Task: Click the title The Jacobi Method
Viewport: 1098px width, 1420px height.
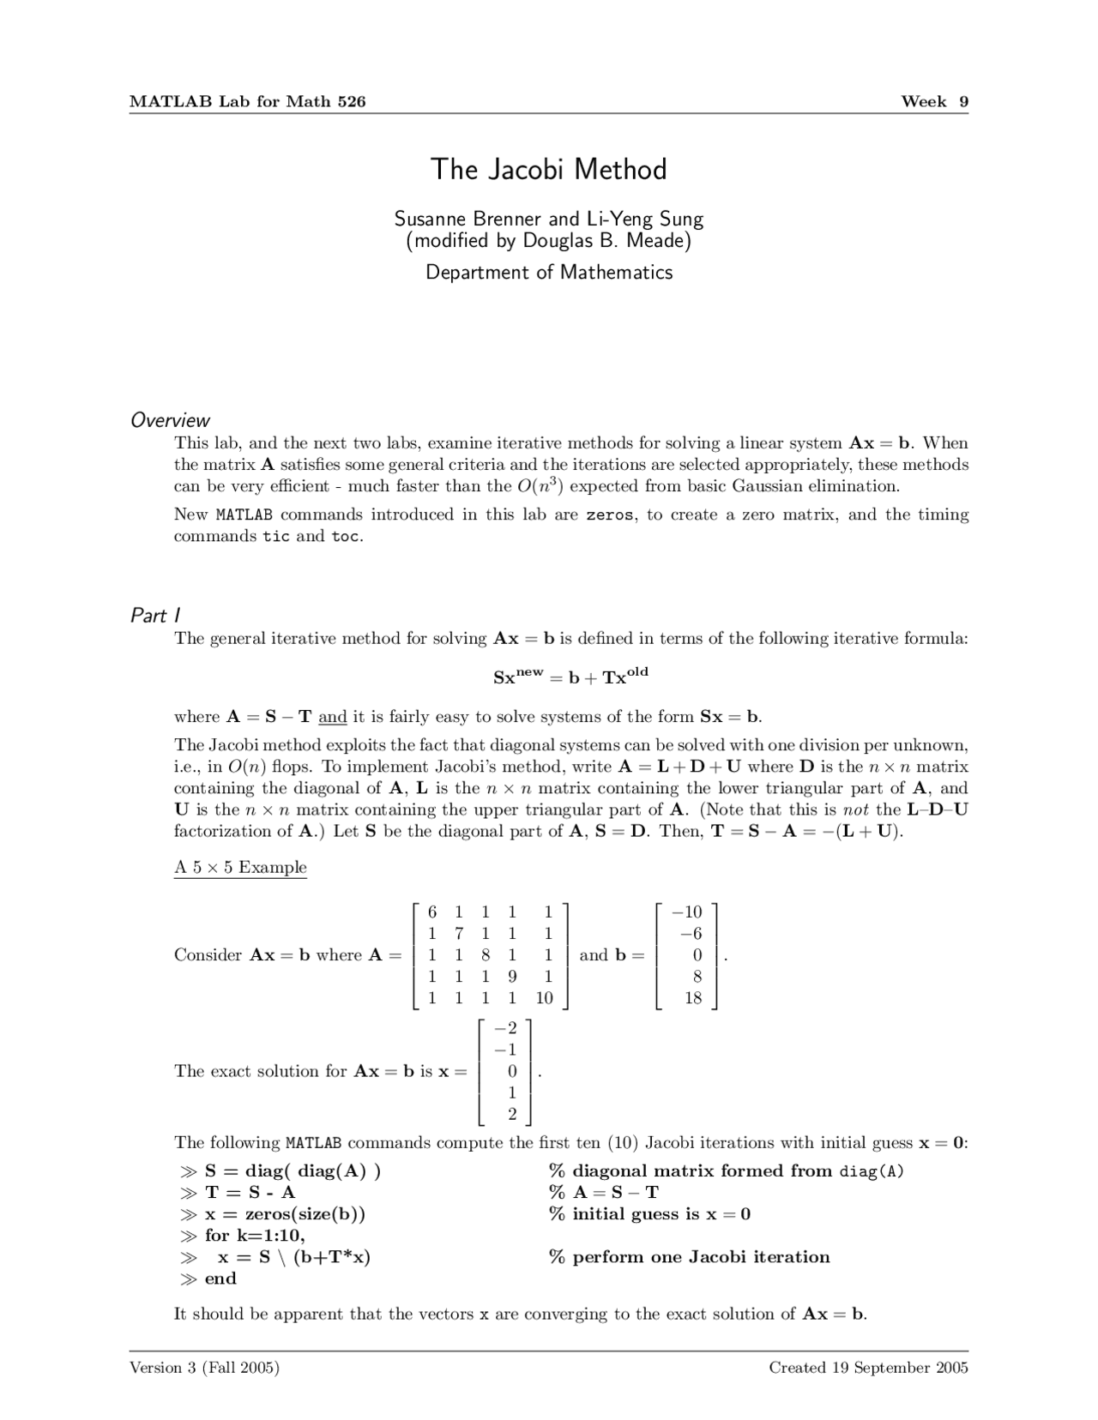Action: (x=548, y=169)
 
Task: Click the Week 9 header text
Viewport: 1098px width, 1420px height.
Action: (x=934, y=101)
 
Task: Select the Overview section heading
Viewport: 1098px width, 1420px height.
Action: (x=170, y=420)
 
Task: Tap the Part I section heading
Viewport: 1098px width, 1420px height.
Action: (x=154, y=616)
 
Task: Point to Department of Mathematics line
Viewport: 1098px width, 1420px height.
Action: (x=549, y=273)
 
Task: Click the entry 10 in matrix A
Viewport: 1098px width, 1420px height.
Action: (x=544, y=998)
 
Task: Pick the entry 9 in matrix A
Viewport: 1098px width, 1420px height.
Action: (x=512, y=976)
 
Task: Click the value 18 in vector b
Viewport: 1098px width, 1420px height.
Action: (x=693, y=998)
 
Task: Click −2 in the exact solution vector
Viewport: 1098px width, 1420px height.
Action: (x=506, y=1028)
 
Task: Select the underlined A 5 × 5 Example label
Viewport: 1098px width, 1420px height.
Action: (x=240, y=867)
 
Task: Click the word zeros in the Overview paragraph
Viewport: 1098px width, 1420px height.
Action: (x=610, y=515)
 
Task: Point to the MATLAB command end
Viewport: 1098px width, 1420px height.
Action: (x=220, y=1279)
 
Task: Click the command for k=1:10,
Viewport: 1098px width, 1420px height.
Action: (x=255, y=1236)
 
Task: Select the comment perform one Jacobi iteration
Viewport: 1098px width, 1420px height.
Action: (x=701, y=1257)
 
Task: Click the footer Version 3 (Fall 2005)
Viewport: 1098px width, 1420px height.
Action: (x=204, y=1368)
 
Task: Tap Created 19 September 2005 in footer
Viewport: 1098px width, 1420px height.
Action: (x=868, y=1368)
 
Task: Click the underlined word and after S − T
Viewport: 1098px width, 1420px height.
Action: (x=332, y=717)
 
